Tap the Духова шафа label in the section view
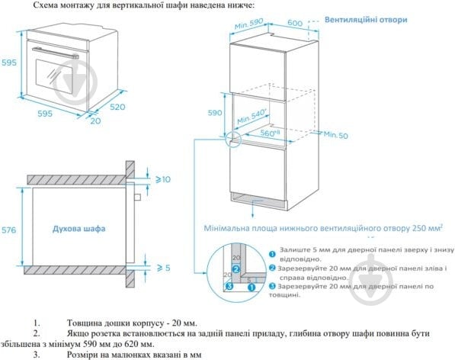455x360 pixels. [x=79, y=228]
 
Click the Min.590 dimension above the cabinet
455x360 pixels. [x=251, y=26]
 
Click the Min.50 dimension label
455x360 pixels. [x=336, y=134]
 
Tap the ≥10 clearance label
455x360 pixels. [x=164, y=180]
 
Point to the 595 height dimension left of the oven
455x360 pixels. [x=8, y=63]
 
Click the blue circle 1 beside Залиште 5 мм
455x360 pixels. [x=273, y=252]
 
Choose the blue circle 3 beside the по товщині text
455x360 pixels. [x=273, y=286]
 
